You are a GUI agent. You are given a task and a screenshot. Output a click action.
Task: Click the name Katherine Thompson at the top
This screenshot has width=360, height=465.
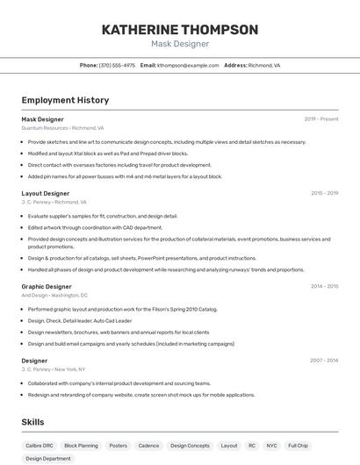pyautogui.click(x=180, y=30)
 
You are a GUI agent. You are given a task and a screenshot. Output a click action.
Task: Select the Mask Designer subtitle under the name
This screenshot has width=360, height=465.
pyautogui.click(x=180, y=44)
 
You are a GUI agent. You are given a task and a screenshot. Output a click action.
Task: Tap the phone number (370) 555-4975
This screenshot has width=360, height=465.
pyautogui.click(x=117, y=65)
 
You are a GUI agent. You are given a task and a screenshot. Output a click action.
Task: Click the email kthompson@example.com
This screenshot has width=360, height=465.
pyautogui.click(x=188, y=65)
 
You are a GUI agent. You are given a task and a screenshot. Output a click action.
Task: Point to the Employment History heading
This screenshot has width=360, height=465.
pyautogui.click(x=65, y=100)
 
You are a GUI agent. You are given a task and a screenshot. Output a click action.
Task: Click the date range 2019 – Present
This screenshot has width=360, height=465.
pyautogui.click(x=321, y=118)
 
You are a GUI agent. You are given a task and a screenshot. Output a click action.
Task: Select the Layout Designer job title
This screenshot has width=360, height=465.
pyautogui.click(x=46, y=193)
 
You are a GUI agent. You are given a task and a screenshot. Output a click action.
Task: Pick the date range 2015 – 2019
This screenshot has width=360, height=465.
pyautogui.click(x=324, y=193)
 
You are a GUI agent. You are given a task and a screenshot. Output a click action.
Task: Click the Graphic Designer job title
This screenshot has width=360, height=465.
pyautogui.click(x=47, y=286)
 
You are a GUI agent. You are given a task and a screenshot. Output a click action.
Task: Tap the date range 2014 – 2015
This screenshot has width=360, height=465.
pyautogui.click(x=324, y=286)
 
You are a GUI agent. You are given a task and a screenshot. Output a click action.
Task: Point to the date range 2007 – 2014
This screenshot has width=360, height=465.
pyautogui.click(x=324, y=361)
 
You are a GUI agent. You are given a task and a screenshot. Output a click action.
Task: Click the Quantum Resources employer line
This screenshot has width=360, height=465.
pyautogui.click(x=62, y=127)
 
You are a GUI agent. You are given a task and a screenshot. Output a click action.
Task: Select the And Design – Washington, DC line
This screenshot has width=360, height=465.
pyautogui.click(x=54, y=295)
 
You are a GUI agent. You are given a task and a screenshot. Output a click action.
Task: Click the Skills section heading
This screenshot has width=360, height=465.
pyautogui.click(x=32, y=422)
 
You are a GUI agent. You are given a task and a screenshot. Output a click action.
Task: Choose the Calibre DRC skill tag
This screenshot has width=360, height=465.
pyautogui.click(x=39, y=446)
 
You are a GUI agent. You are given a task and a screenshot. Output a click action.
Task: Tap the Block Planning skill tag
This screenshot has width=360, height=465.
pyautogui.click(x=82, y=446)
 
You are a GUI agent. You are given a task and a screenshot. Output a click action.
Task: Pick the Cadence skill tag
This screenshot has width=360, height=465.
pyautogui.click(x=148, y=446)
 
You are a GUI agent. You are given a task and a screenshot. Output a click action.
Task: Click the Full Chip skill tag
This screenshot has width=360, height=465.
pyautogui.click(x=298, y=446)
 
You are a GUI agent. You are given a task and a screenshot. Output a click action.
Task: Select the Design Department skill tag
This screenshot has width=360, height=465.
pyautogui.click(x=47, y=459)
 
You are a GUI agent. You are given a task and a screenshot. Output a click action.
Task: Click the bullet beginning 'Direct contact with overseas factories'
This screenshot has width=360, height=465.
pyautogui.click(x=119, y=164)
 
